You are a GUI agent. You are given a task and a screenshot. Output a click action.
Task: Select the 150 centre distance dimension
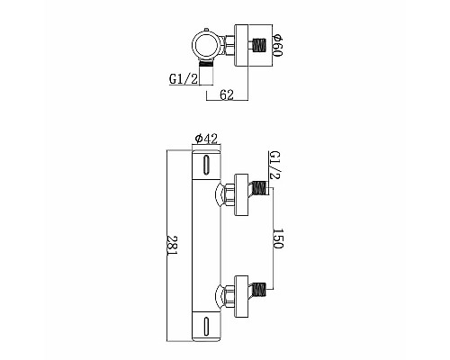[280, 241]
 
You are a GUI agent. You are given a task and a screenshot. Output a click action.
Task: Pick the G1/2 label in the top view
[183, 80]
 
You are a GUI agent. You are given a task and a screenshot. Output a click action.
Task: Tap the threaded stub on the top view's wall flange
[259, 46]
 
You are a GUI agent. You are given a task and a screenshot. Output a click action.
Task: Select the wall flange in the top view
[241, 46]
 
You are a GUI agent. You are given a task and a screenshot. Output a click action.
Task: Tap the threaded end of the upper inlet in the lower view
[259, 189]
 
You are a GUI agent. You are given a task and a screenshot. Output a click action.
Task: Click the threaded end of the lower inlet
[259, 292]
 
